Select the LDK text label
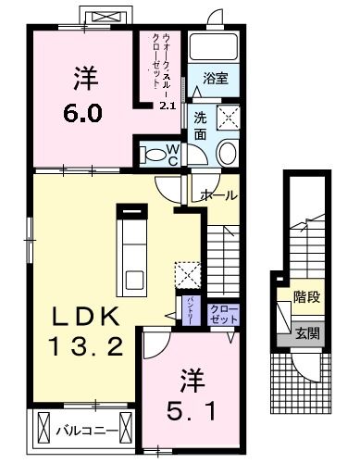pos(84,317)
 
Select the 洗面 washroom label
pos(201,125)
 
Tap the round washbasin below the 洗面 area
pos(227,153)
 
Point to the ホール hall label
pos(218,195)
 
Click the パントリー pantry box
pos(191,313)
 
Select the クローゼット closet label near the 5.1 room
pos(223,313)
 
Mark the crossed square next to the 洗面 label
pos(225,118)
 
